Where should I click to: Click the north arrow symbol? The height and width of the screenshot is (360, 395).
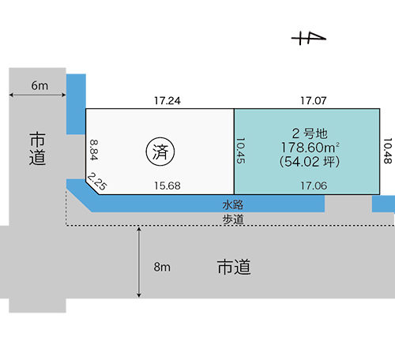pos(309,39)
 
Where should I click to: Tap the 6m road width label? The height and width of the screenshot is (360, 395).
pos(39,86)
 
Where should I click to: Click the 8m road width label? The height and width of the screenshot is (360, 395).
pos(162,267)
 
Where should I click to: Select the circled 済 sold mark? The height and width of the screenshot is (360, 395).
pos(160,152)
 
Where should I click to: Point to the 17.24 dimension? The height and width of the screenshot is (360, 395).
pos(167,101)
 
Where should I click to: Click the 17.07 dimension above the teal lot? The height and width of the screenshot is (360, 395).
pos(314,100)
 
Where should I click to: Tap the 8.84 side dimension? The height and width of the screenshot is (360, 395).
pos(94,149)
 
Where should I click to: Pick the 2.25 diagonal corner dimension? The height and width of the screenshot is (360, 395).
pos(97,181)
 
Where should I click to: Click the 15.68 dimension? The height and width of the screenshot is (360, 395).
pos(167,186)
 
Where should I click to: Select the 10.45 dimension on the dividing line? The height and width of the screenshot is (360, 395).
pos(241,151)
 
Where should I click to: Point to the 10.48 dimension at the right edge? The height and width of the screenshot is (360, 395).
pos(387,151)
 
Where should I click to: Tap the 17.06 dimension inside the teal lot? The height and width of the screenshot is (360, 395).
pos(314,186)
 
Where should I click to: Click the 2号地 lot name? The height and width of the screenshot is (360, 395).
pos(310,133)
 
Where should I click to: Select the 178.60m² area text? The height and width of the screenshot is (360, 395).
pos(310,148)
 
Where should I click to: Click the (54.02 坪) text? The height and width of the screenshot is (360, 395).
pos(310,161)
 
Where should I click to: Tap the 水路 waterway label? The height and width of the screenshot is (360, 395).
pos(233,204)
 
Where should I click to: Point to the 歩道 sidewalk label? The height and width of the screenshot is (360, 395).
pos(233,219)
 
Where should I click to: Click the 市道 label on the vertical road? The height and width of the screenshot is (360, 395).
pos(37,149)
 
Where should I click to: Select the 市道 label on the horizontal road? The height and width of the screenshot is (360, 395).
pos(234,267)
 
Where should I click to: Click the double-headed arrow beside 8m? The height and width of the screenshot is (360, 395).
pos(139,262)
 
